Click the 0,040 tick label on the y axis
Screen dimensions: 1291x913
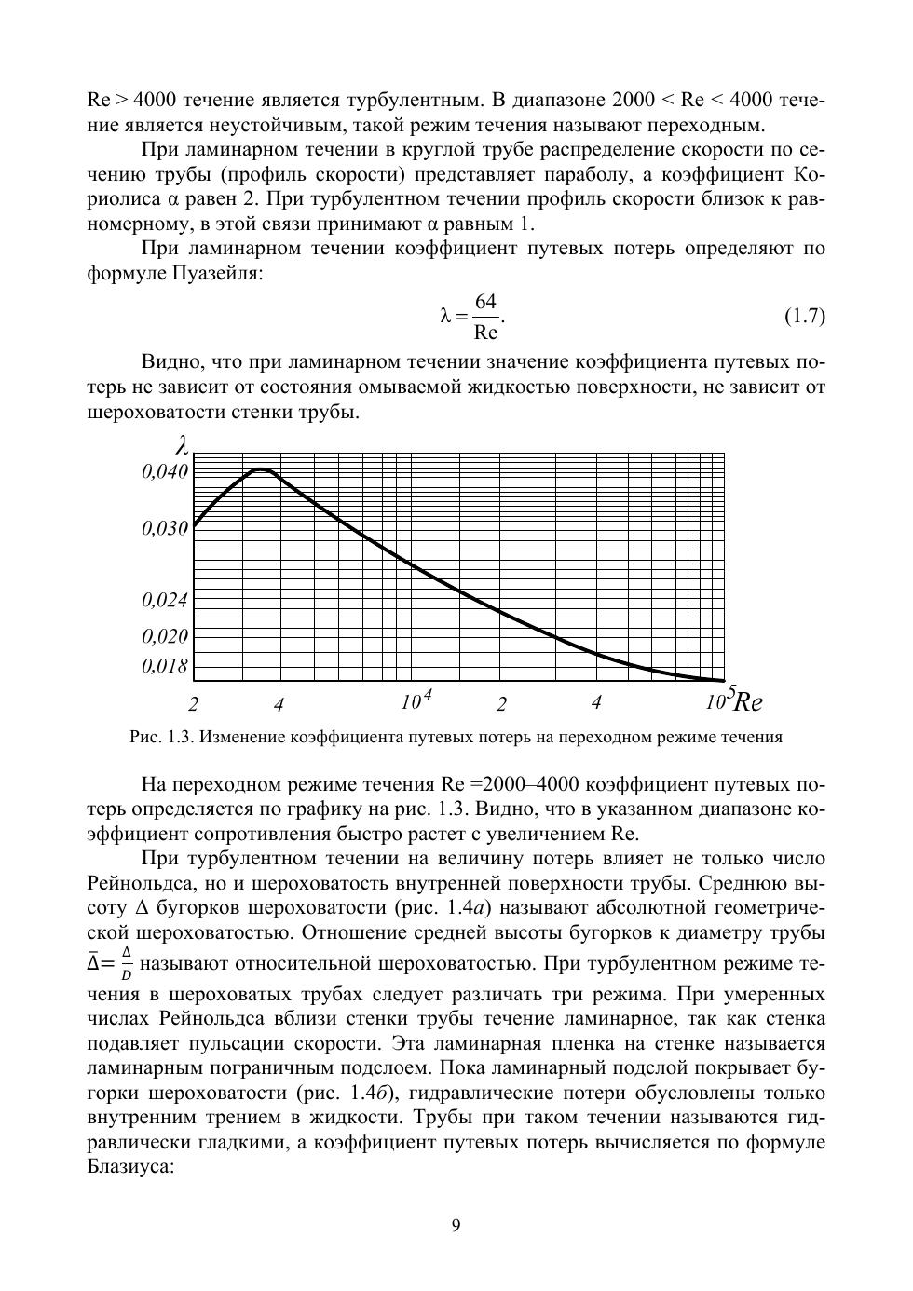pos(165,472)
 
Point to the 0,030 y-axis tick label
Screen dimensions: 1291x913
pos(165,529)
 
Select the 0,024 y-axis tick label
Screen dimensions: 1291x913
pos(165,601)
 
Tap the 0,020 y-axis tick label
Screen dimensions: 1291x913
pos(165,637)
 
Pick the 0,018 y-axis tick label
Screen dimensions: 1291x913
pos(165,667)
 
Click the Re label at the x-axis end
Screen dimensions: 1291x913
pos(748,701)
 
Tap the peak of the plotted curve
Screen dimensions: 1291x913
pos(263,469)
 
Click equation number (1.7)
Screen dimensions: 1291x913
pos(804,316)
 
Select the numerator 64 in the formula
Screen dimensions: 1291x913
pos(485,302)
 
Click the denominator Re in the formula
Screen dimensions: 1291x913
pos(485,332)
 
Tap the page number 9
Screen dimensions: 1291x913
pos(456,1226)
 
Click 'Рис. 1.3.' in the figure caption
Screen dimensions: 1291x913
pos(160,738)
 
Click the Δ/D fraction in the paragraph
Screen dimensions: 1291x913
pos(126,963)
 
